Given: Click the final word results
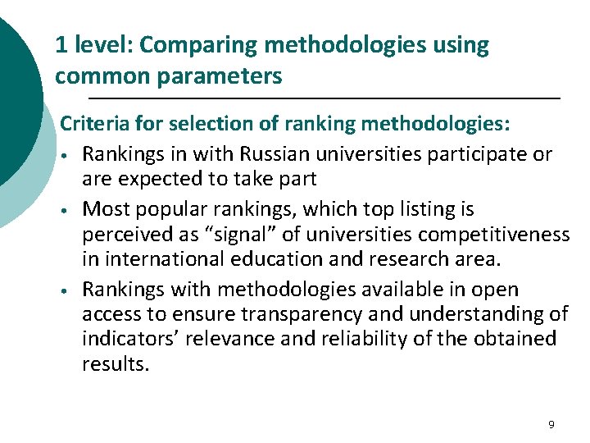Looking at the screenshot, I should point(116,363).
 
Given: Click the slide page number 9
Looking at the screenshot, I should point(551,424).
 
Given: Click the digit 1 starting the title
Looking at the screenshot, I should point(60,46).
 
